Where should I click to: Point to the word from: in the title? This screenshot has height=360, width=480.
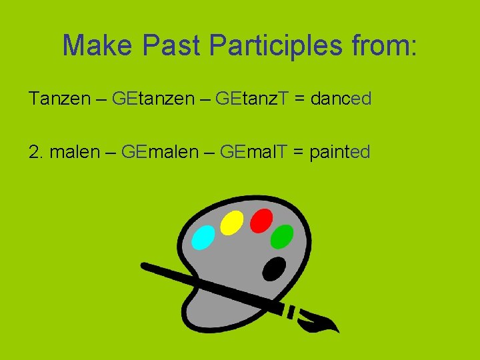[387, 45]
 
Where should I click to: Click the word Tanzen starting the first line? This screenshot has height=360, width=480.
[59, 99]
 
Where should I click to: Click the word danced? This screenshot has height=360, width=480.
[341, 99]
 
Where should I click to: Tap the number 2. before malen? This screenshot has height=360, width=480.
[36, 152]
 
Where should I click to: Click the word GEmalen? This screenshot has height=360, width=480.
[161, 152]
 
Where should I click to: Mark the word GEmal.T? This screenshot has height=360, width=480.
[253, 152]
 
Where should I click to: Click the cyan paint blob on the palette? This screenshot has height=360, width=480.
[203, 237]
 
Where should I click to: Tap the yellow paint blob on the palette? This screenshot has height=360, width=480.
[231, 223]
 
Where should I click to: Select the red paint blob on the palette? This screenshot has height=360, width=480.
[261, 220]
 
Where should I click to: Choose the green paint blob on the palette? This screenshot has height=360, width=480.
[283, 235]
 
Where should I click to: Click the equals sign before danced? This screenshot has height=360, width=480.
[299, 99]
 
